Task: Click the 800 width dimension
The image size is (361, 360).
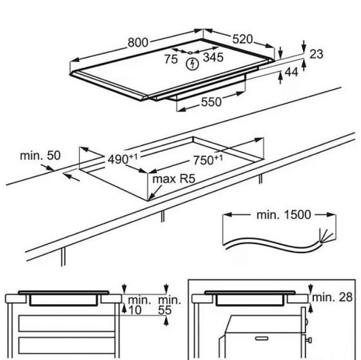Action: click(138, 43)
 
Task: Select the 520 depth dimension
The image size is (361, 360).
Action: click(242, 39)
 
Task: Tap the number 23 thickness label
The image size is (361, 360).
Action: click(317, 53)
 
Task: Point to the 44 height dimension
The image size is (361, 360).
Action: click(291, 74)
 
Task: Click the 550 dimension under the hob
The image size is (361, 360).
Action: click(211, 103)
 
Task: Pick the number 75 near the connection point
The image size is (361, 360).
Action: click(171, 59)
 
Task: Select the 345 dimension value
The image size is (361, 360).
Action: click(213, 57)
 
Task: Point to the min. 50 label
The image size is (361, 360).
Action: click(40, 155)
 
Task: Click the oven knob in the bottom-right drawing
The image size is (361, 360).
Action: click(309, 341)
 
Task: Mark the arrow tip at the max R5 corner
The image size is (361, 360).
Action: click(149, 200)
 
